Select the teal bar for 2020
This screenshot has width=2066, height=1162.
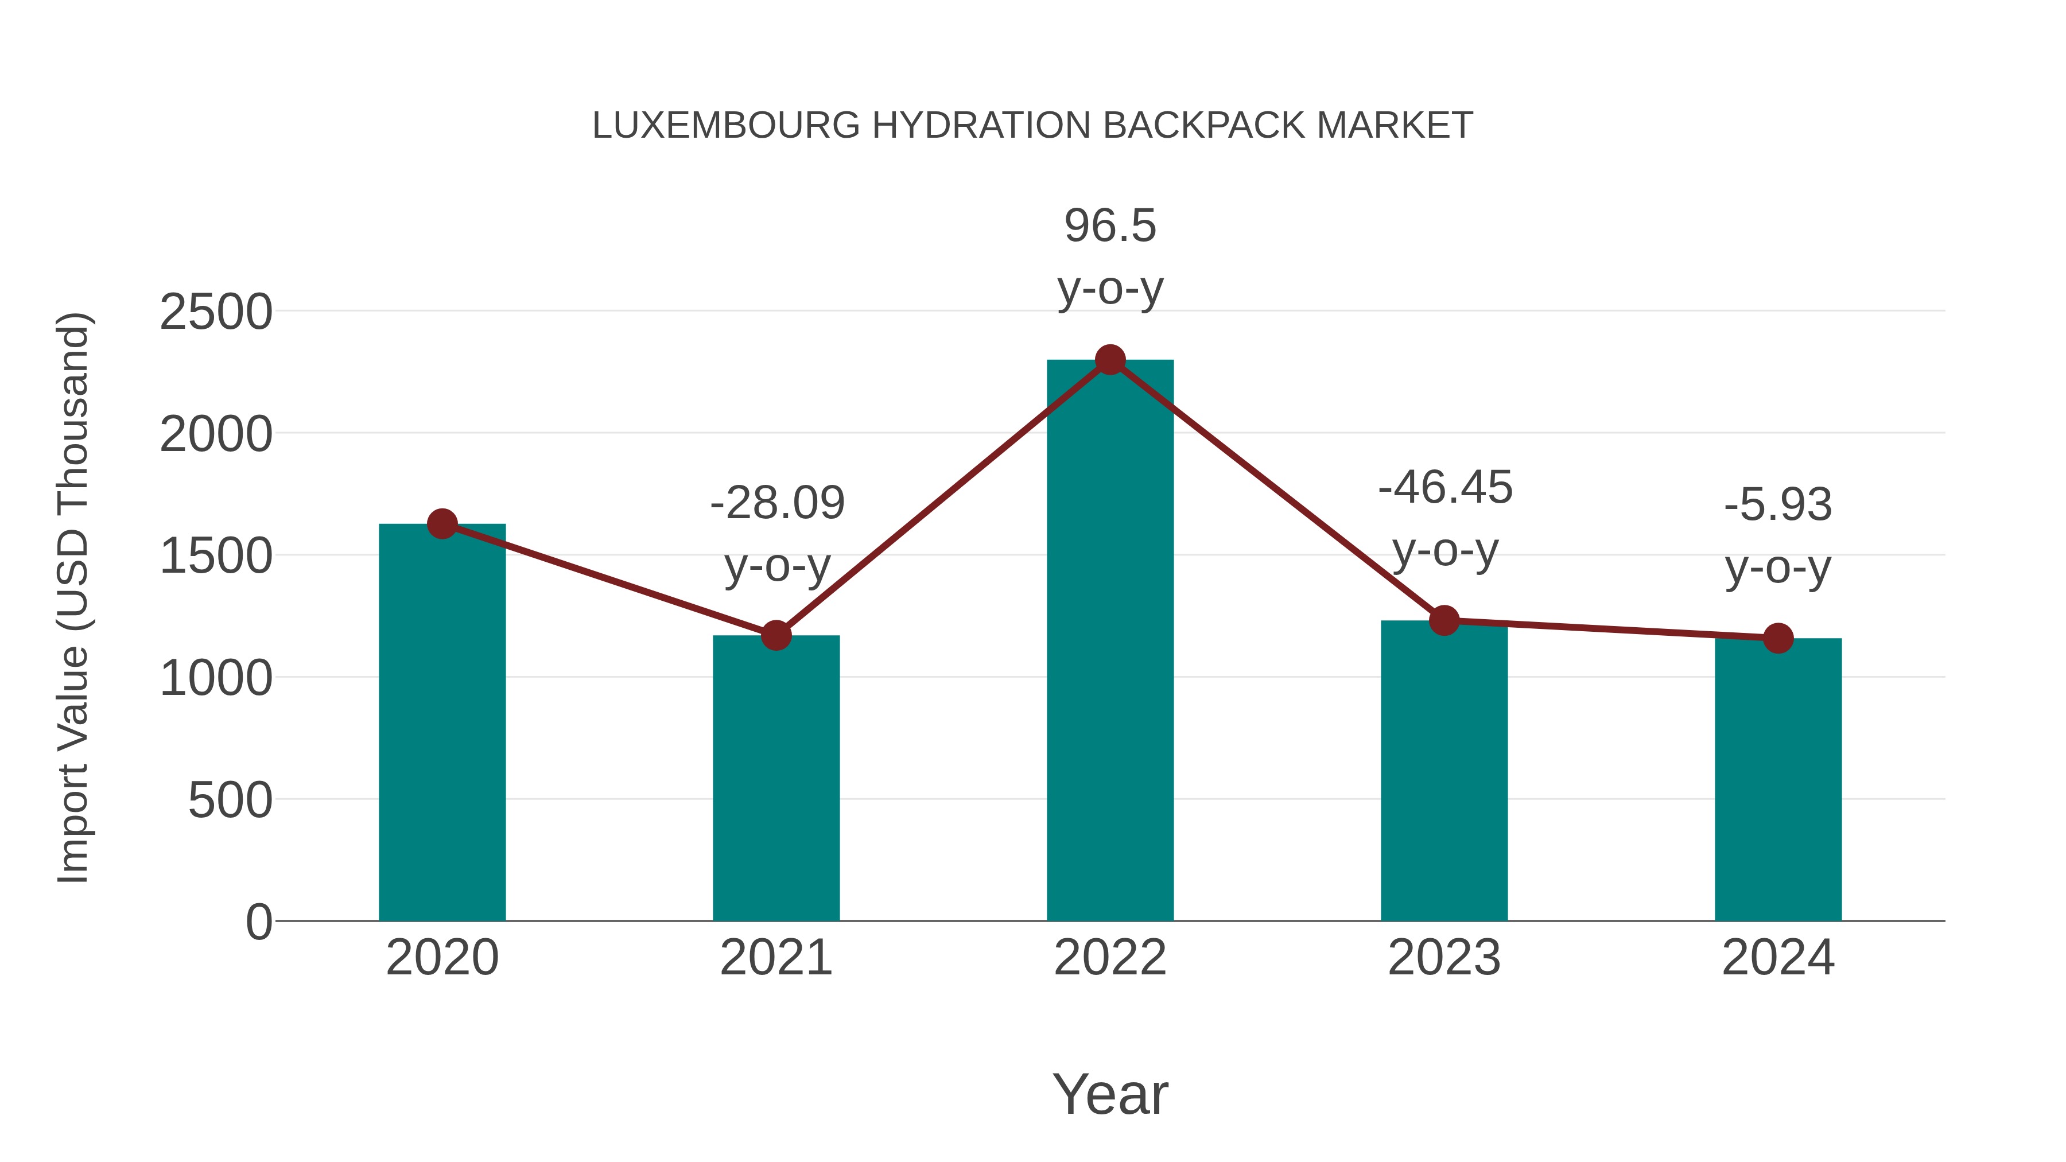click(442, 722)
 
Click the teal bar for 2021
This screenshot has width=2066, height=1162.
click(775, 778)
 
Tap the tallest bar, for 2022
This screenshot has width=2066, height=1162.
click(1110, 642)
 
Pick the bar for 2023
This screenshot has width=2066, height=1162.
click(1444, 770)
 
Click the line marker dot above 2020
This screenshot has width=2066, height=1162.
click(442, 524)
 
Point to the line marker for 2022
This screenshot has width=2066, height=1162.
click(1110, 360)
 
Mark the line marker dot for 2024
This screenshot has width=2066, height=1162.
click(1778, 638)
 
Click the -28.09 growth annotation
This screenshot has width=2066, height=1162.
click(777, 504)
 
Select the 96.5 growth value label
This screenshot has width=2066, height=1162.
click(1110, 226)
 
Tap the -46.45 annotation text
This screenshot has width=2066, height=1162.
click(1445, 488)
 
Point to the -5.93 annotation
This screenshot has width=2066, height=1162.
click(1778, 505)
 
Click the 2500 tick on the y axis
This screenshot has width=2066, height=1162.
click(216, 312)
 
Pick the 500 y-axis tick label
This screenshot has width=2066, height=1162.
click(230, 800)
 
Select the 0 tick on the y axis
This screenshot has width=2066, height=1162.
click(259, 922)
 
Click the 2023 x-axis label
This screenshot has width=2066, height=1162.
click(1444, 958)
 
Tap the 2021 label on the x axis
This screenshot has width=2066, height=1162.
click(775, 958)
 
